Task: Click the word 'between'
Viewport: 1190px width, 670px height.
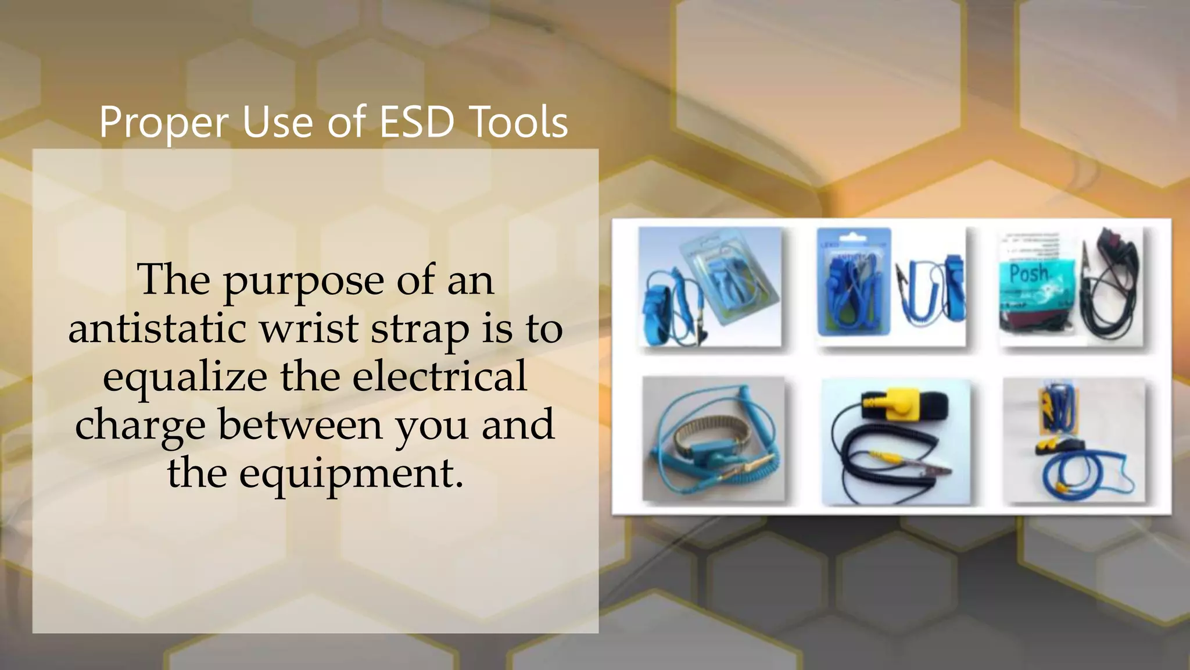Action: [x=300, y=425]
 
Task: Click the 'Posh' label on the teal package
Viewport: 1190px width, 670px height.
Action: [x=1028, y=273]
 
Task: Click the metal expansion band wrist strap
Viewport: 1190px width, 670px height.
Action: [x=697, y=447]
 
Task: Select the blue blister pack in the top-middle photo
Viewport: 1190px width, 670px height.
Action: [x=853, y=282]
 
